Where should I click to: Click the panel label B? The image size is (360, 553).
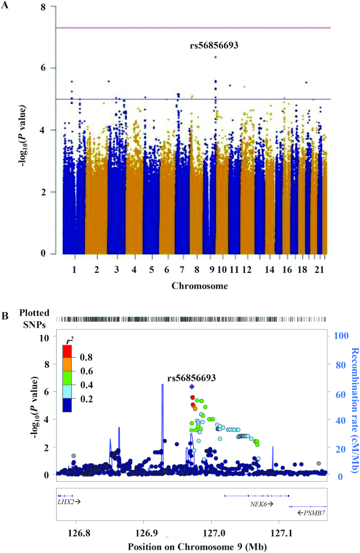(x=6, y=317)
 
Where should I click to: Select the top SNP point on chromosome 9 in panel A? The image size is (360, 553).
(x=216, y=57)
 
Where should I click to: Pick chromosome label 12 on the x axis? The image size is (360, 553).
(x=247, y=270)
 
